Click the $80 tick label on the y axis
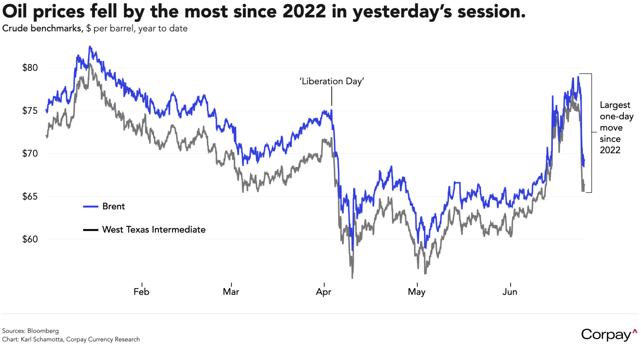[30, 68]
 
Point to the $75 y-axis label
[30, 111]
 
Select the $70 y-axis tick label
[30, 154]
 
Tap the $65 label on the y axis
[30, 197]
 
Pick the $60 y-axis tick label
[30, 239]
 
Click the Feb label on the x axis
[142, 292]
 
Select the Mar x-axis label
[231, 292]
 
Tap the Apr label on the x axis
[324, 292]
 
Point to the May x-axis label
[417, 292]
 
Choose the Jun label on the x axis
[510, 292]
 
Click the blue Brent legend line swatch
[90, 207]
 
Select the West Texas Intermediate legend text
[154, 230]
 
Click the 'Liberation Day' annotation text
[332, 81]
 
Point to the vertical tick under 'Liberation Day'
[332, 98]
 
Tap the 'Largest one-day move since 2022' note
[616, 127]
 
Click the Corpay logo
[609, 335]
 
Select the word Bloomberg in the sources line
[43, 331]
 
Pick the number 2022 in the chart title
[305, 12]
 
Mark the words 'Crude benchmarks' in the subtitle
[42, 28]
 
